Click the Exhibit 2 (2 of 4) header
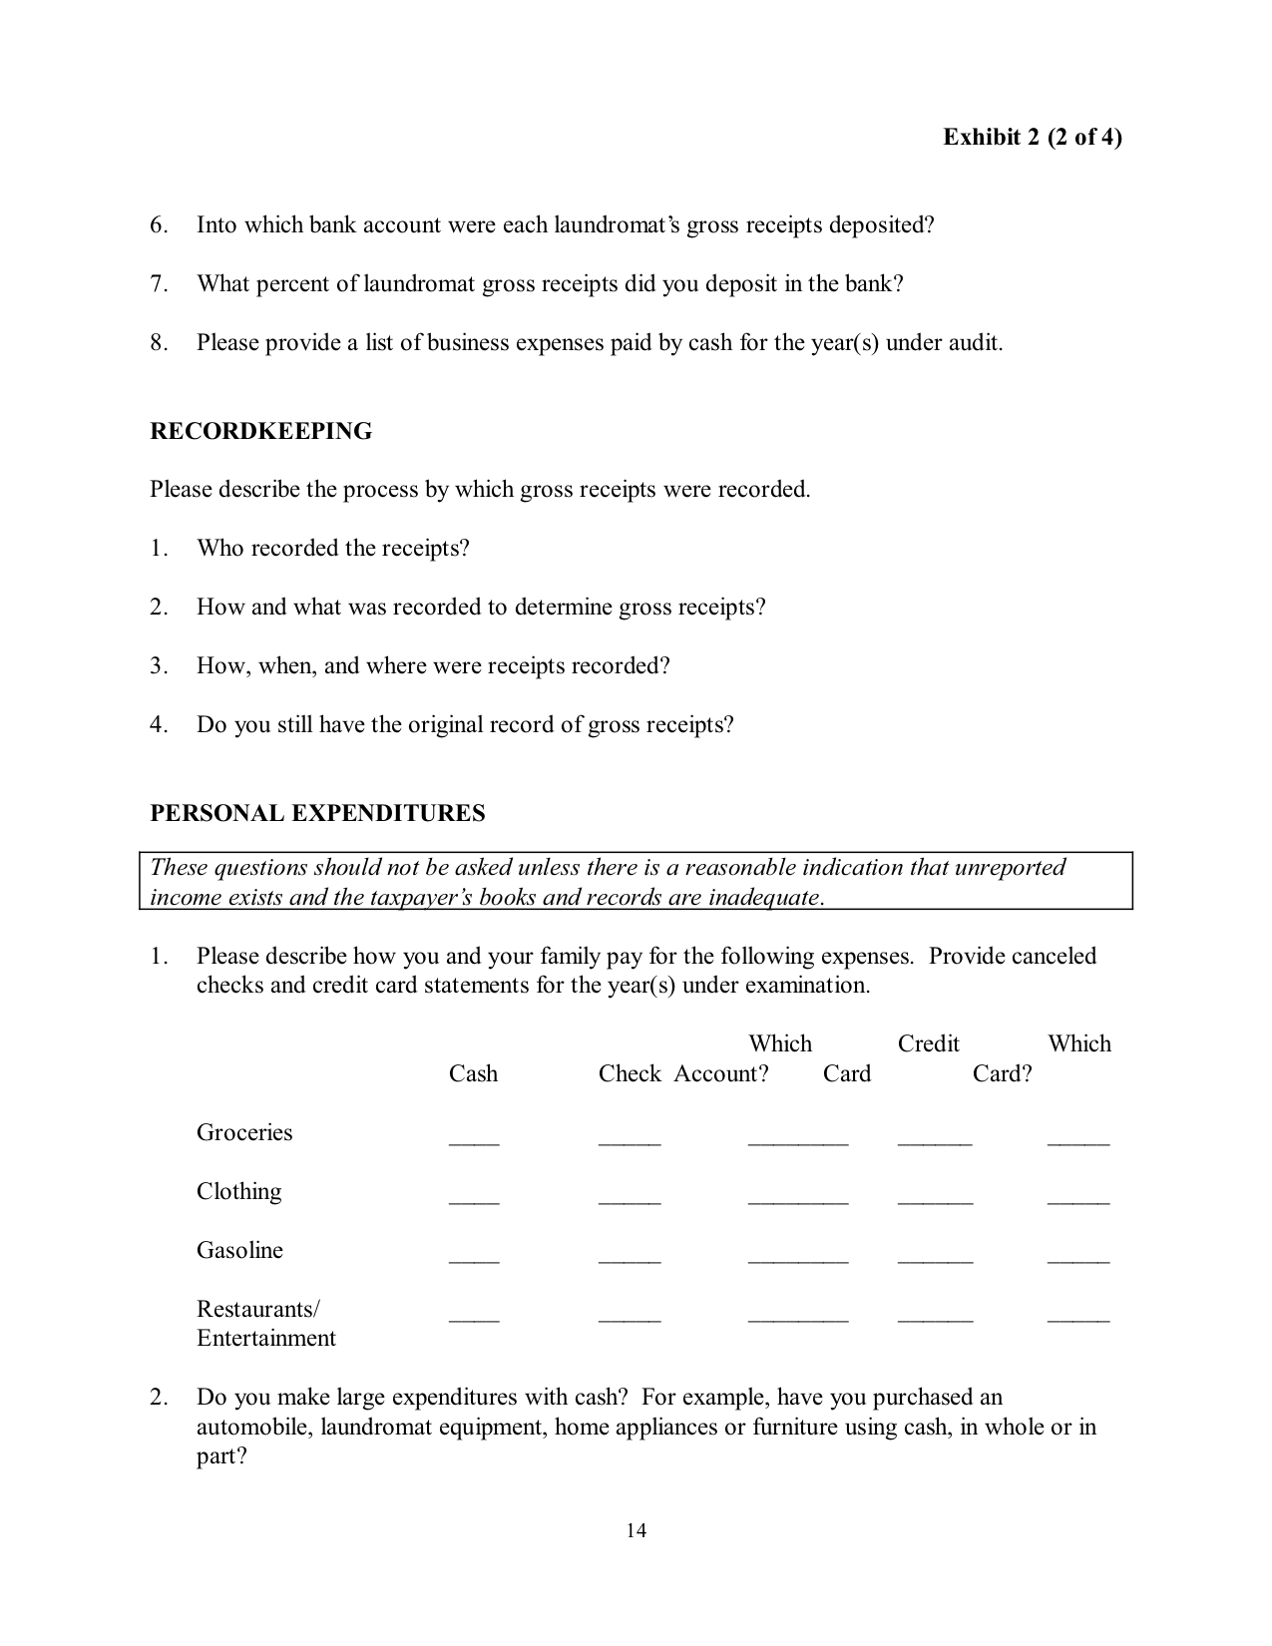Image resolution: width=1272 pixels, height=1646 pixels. pyautogui.click(x=1032, y=137)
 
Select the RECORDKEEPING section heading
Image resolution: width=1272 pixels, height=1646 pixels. pyautogui.click(x=260, y=431)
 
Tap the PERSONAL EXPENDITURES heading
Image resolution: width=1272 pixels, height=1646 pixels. pyautogui.click(x=317, y=813)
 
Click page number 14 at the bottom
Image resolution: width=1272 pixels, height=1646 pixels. pyautogui.click(x=636, y=1530)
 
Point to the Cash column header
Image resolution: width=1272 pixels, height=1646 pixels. pyautogui.click(x=473, y=1073)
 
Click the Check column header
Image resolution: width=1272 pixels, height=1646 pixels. pyautogui.click(x=630, y=1073)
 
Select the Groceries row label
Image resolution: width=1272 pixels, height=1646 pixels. pyautogui.click(x=244, y=1132)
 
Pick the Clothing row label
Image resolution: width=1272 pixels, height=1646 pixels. pyautogui.click(x=238, y=1191)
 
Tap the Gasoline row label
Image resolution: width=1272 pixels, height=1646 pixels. pyautogui.click(x=239, y=1250)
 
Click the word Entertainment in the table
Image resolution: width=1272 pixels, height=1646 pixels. pyautogui.click(x=266, y=1338)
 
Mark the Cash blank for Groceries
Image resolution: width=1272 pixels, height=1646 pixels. pyautogui.click(x=474, y=1140)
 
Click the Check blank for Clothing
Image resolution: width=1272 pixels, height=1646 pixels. pyautogui.click(x=630, y=1199)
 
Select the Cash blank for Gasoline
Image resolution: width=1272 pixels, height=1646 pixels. pyautogui.click(x=474, y=1258)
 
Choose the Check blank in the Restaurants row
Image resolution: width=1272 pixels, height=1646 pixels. pyautogui.click(x=630, y=1317)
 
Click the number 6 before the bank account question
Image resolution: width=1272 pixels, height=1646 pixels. pyautogui.click(x=159, y=225)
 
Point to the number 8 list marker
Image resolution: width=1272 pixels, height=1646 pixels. pyautogui.click(x=159, y=343)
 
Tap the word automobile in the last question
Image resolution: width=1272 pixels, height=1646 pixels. pyautogui.click(x=253, y=1427)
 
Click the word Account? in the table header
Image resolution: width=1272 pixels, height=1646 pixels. pyautogui.click(x=720, y=1073)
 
